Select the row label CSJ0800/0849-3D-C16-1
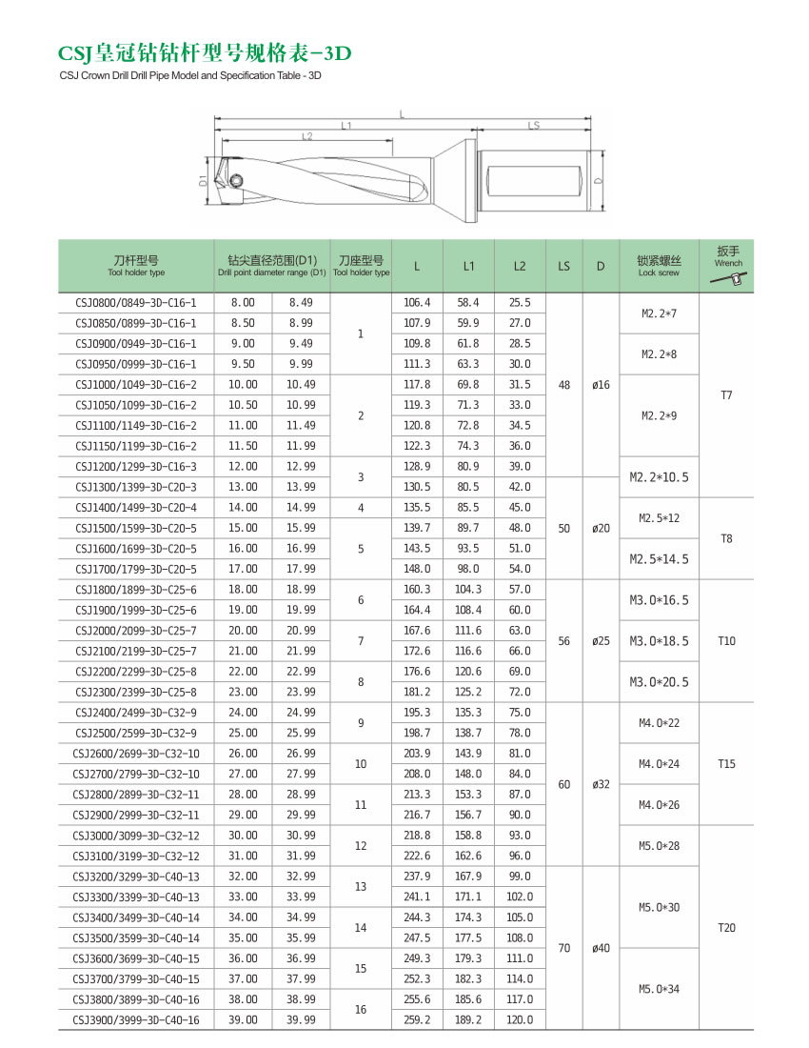click(x=135, y=302)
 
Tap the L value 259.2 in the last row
click(x=417, y=1019)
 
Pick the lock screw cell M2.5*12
click(x=660, y=517)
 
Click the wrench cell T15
click(x=727, y=763)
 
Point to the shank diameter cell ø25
click(x=601, y=641)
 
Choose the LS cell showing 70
click(x=564, y=948)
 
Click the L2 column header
click(x=519, y=267)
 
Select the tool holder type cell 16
click(x=361, y=1009)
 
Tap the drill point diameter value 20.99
click(x=301, y=631)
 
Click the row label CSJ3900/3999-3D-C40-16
click(x=135, y=1019)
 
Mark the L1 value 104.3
click(x=468, y=590)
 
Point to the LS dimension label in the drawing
click(x=534, y=125)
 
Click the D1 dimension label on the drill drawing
click(x=203, y=179)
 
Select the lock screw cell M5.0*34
click(x=660, y=988)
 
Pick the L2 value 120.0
click(x=519, y=1019)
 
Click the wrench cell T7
click(x=727, y=394)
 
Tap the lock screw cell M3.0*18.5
click(x=660, y=641)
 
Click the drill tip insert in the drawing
click(x=231, y=178)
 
